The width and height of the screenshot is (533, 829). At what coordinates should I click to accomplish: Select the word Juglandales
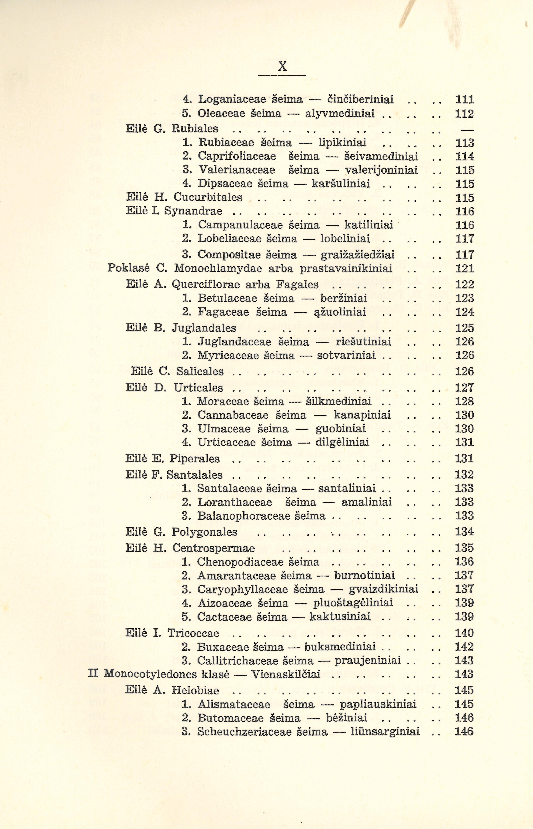coord(204,328)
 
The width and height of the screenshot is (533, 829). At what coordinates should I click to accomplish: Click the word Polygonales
coord(204,532)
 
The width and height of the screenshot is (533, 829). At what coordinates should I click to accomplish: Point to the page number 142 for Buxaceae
coord(464,647)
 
